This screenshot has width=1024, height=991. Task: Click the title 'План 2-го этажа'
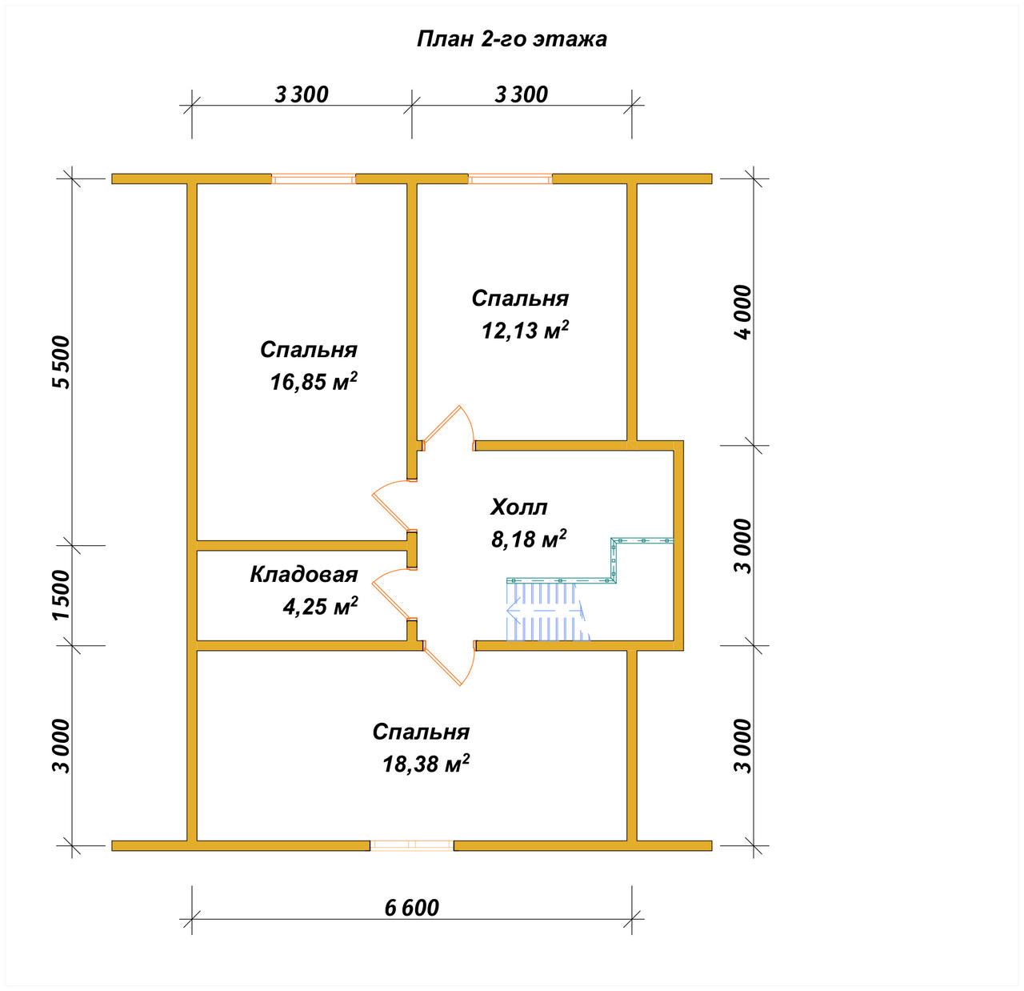pos(511,39)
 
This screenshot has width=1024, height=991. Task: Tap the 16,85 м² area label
pos(314,382)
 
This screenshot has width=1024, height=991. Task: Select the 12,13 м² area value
pos(525,330)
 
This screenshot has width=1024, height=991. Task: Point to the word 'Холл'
pos(519,507)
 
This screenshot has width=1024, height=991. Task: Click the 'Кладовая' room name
pos(304,574)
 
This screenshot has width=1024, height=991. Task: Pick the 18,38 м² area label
pos(426,764)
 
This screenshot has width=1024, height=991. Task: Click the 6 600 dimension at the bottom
pos(411,908)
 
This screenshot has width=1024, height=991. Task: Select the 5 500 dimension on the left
pos(61,363)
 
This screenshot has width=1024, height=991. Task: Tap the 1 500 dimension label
pos(61,595)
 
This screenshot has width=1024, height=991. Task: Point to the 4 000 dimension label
pos(743,312)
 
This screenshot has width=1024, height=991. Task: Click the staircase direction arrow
pos(545,611)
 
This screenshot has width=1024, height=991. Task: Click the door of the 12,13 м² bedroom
pos(448,428)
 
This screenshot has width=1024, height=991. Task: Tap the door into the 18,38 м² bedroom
pos(449,663)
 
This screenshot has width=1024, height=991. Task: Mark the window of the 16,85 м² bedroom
pos(314,179)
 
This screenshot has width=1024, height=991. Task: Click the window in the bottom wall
pos(412,845)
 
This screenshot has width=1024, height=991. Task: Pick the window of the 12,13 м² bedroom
pos(510,179)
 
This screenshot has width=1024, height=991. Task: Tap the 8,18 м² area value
pos(529,539)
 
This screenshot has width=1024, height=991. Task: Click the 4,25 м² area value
pos(321,606)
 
